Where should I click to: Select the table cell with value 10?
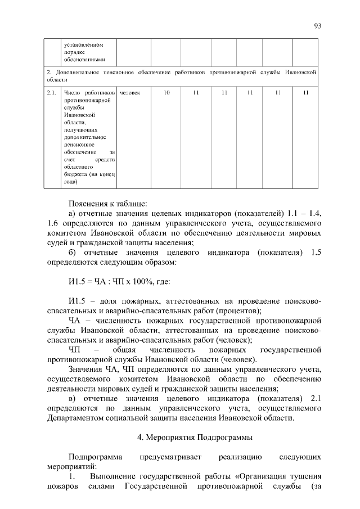click(x=167, y=92)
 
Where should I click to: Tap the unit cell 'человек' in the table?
click(x=130, y=92)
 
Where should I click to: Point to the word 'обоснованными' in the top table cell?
click(x=85, y=60)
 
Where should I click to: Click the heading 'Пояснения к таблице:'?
click(x=107, y=203)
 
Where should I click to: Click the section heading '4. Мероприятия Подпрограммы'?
click(x=195, y=436)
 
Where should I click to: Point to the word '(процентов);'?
click(x=239, y=310)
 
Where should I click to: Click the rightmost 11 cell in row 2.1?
click(x=305, y=92)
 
